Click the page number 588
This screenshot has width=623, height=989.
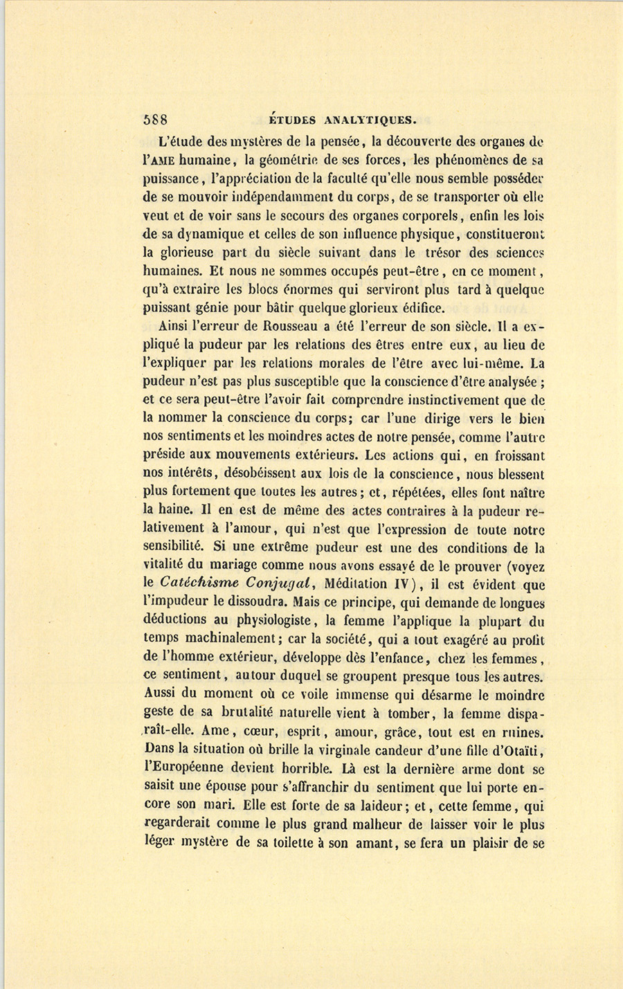155,118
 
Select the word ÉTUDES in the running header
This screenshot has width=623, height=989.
287,119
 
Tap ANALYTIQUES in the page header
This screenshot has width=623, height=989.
370,119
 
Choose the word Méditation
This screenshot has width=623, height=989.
351,583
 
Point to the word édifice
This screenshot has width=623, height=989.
423,308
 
